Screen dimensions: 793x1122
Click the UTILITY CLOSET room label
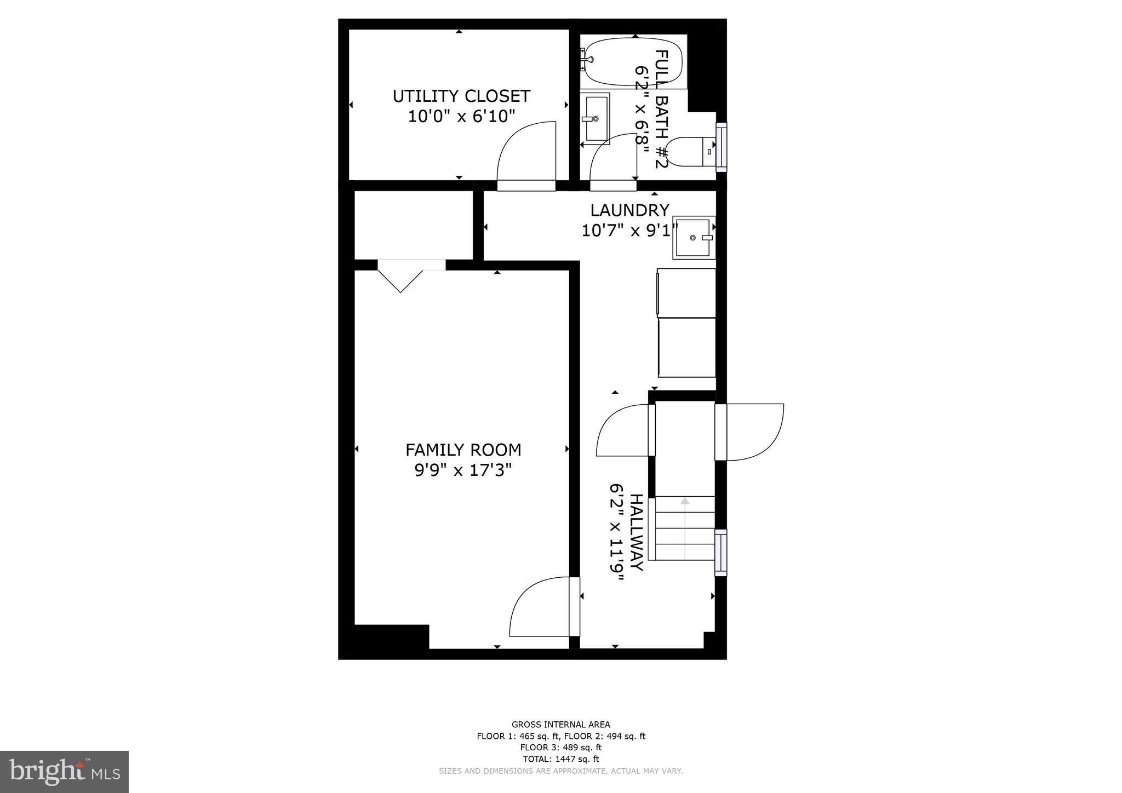[461, 96]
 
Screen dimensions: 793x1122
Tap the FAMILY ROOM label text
[463, 450]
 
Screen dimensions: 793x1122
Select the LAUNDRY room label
[629, 210]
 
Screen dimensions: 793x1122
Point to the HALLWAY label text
[636, 532]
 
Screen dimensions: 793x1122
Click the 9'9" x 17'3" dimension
[463, 470]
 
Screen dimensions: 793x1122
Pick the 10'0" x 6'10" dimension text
[461, 116]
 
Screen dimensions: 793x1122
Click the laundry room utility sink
[694, 237]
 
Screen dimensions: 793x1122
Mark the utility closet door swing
[526, 156]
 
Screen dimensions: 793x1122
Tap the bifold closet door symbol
[400, 280]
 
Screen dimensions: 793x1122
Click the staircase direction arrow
[685, 501]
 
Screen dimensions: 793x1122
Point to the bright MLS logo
[64, 772]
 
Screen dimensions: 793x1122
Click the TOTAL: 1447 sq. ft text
[561, 759]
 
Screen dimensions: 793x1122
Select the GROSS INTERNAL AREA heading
[561, 725]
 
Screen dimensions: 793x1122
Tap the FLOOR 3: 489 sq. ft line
[561, 748]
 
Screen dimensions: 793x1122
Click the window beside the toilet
[722, 147]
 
